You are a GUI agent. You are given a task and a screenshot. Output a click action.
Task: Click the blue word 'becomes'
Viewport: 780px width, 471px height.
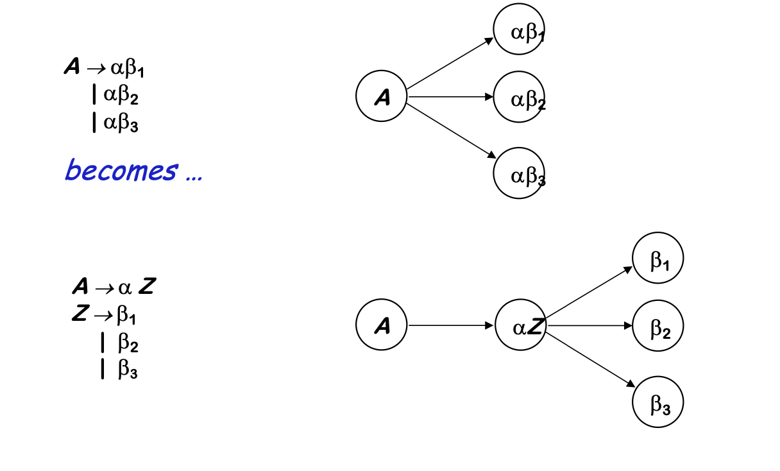[x=121, y=171]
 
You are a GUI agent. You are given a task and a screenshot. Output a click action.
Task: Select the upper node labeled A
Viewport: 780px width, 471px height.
[x=382, y=97]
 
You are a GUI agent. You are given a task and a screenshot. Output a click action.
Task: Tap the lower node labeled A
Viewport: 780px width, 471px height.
[x=382, y=326]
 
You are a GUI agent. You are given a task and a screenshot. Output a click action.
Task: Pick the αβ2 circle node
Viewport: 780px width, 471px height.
[x=519, y=98]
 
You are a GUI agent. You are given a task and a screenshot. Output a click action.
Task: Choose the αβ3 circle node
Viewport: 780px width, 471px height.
[x=519, y=173]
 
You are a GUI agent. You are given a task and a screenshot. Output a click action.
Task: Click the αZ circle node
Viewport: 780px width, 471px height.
[x=520, y=326]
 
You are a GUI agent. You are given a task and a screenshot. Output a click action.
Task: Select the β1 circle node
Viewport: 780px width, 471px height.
[x=657, y=258]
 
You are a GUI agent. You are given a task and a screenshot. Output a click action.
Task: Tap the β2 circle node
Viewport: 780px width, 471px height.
[x=657, y=326]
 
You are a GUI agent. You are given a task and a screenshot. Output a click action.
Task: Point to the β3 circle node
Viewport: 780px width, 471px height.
[x=657, y=402]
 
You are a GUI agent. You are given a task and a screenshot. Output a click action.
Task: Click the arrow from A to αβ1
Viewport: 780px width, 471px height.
[x=450, y=64]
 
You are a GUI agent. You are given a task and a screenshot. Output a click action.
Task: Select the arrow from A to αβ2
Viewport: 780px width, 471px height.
[x=450, y=97]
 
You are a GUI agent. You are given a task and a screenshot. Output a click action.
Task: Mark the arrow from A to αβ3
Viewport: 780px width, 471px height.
[x=452, y=130]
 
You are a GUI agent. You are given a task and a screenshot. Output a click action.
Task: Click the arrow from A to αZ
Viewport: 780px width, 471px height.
[x=451, y=326]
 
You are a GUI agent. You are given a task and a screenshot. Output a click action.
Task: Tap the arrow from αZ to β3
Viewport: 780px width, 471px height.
[x=590, y=359]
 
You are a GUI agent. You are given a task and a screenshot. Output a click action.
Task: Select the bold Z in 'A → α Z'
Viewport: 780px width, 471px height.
[x=146, y=286]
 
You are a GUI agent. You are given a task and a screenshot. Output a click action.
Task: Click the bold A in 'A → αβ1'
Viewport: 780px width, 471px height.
[x=72, y=67]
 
